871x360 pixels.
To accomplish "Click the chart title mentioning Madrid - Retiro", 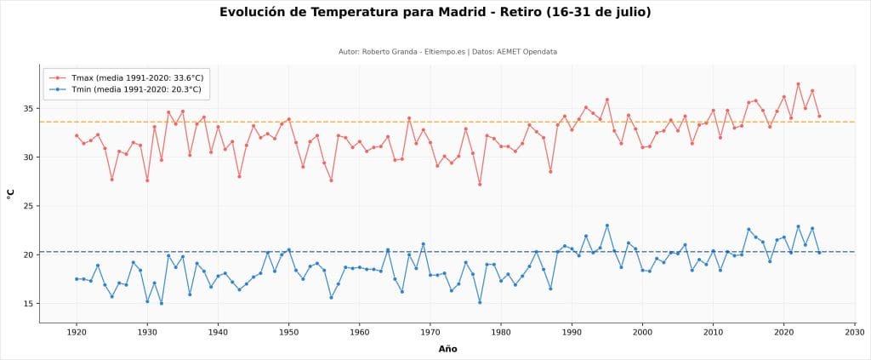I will [x=435, y=12].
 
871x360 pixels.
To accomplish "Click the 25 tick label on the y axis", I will [x=27, y=206].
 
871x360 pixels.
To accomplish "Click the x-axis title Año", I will [x=447, y=349].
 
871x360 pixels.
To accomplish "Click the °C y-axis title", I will [x=10, y=193].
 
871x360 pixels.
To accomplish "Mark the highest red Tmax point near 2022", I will [x=798, y=84].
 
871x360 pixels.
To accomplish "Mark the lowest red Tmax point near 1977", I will [x=480, y=185].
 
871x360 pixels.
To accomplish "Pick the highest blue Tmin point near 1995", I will [x=607, y=226].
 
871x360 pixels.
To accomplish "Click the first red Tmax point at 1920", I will [x=77, y=135].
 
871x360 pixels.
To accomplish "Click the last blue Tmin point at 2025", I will [x=819, y=253].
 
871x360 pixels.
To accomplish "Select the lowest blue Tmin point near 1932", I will [x=162, y=303].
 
